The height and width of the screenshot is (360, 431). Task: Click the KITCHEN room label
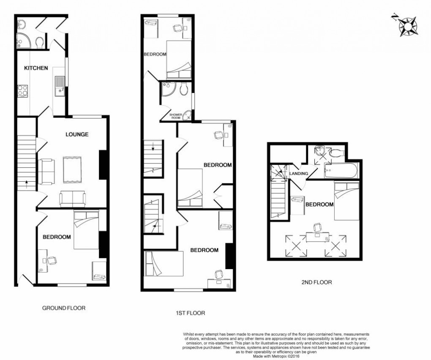(x=36, y=68)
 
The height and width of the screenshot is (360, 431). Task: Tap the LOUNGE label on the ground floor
(x=77, y=134)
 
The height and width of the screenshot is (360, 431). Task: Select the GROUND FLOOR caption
(x=64, y=308)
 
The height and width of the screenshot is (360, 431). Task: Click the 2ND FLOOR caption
(x=314, y=282)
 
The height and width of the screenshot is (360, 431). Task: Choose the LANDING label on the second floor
(x=298, y=174)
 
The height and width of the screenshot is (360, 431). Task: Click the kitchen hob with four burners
(x=22, y=91)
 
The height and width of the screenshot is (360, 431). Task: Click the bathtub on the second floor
(x=341, y=172)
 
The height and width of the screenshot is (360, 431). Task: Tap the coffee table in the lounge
(x=74, y=169)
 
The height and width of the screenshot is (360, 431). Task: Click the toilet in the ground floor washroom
(x=40, y=42)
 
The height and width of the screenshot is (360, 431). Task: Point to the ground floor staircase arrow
(x=27, y=183)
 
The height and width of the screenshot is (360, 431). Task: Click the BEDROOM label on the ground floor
(x=57, y=237)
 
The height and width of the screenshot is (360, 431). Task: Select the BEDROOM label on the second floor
(x=319, y=205)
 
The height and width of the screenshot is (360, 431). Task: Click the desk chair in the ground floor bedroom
(x=52, y=260)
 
